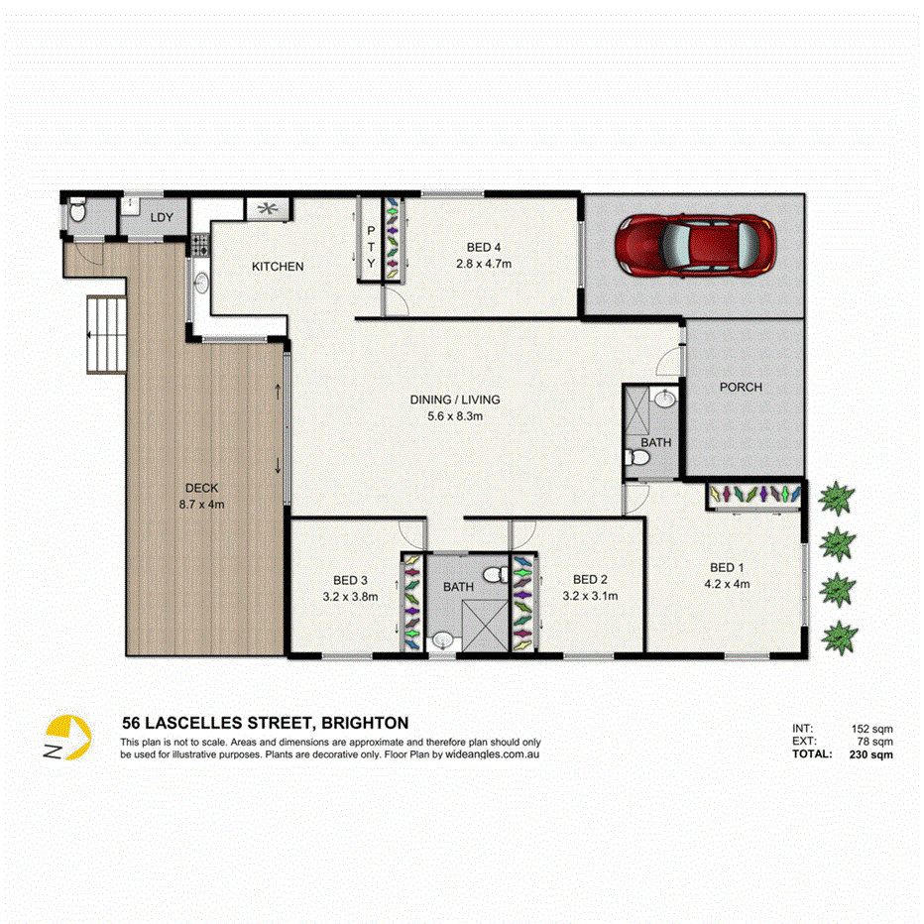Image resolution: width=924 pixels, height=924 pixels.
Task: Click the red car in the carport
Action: click(x=693, y=245)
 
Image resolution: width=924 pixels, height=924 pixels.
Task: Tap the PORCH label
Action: click(x=741, y=387)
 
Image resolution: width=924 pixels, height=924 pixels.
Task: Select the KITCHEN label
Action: click(x=278, y=267)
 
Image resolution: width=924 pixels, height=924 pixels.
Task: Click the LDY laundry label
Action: click(x=161, y=217)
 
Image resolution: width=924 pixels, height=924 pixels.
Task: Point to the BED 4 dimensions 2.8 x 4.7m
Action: click(x=483, y=264)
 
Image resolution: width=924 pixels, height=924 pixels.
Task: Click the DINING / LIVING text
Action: click(x=455, y=400)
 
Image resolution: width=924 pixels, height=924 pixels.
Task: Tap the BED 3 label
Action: click(x=350, y=580)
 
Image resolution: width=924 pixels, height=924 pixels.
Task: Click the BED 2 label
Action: click(x=590, y=580)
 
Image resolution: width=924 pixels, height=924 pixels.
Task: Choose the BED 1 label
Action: click(x=726, y=568)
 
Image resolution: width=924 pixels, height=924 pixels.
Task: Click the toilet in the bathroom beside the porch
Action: click(x=637, y=458)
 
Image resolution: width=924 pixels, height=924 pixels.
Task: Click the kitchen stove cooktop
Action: click(x=200, y=241)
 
